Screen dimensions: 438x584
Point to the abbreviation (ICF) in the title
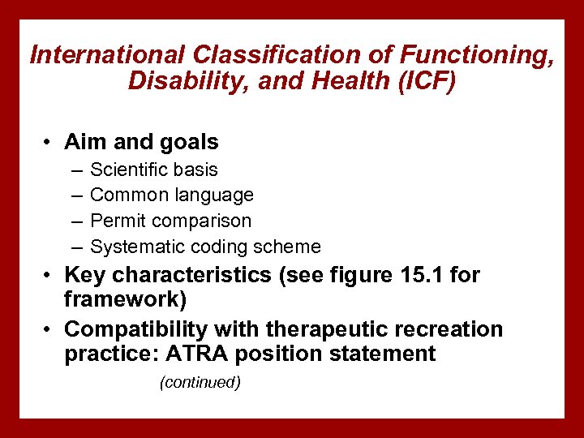tap(417, 81)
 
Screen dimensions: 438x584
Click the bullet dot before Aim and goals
tap(49, 143)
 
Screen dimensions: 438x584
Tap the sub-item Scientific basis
tap(154, 170)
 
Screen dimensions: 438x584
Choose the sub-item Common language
tap(172, 195)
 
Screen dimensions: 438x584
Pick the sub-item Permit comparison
tap(171, 221)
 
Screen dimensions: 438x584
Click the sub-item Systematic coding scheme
tap(205, 247)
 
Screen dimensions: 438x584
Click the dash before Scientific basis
tap(75, 170)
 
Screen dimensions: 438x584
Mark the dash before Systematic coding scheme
tap(75, 247)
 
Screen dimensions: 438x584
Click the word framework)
tap(125, 300)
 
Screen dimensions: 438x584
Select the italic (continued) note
tap(200, 382)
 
